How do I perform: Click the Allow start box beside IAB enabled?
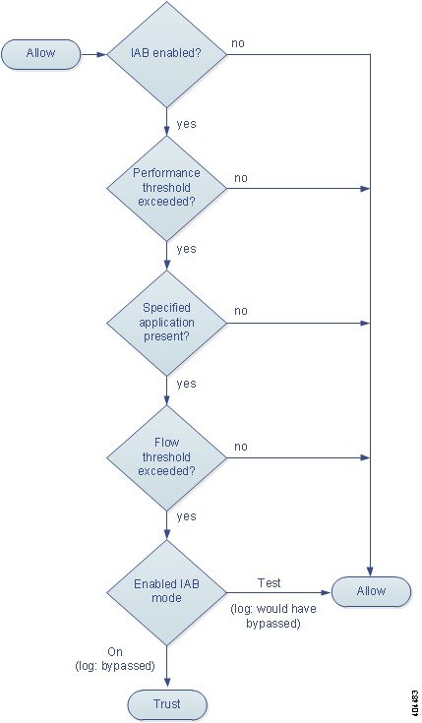point(40,54)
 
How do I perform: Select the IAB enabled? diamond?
point(166,54)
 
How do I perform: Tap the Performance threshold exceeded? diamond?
point(166,188)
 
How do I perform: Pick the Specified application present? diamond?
point(166,323)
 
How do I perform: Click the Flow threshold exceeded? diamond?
point(166,457)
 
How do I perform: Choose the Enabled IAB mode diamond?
point(166,592)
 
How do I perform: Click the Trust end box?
point(167,704)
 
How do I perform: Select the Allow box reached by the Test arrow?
point(371,591)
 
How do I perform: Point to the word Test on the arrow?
point(270,582)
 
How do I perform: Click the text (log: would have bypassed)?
point(273,616)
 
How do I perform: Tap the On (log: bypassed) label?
point(115,659)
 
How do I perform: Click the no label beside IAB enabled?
point(238,43)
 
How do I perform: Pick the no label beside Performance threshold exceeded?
point(241,178)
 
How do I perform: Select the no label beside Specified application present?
point(241,311)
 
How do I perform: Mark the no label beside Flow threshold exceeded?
point(241,447)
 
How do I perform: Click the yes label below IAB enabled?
point(186,124)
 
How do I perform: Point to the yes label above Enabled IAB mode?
point(186,516)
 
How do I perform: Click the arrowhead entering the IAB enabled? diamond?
point(101,54)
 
